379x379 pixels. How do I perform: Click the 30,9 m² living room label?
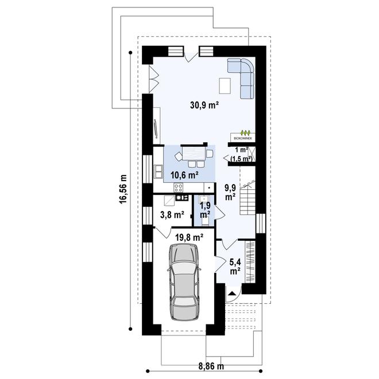point(204,105)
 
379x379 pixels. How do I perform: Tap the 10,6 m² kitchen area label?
point(185,175)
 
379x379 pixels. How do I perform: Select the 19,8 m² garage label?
point(189,237)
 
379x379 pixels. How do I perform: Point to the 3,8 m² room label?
point(172,214)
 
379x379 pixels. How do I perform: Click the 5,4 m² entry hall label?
point(235,266)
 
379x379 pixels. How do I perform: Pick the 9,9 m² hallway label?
point(230,192)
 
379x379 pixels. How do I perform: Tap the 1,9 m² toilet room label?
point(205,210)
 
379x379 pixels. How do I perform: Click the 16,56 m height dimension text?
point(123,189)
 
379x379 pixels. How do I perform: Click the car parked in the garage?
point(184,282)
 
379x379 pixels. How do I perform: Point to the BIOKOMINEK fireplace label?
point(243,138)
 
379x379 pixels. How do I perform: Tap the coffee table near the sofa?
point(225,86)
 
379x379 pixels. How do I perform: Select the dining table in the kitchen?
point(194,154)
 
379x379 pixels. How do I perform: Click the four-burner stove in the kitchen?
point(179,188)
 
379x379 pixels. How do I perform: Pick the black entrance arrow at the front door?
point(233,294)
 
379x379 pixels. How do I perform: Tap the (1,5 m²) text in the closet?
point(241,159)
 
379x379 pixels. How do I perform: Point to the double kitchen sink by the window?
point(158,171)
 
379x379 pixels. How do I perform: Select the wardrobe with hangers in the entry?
point(250,262)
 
